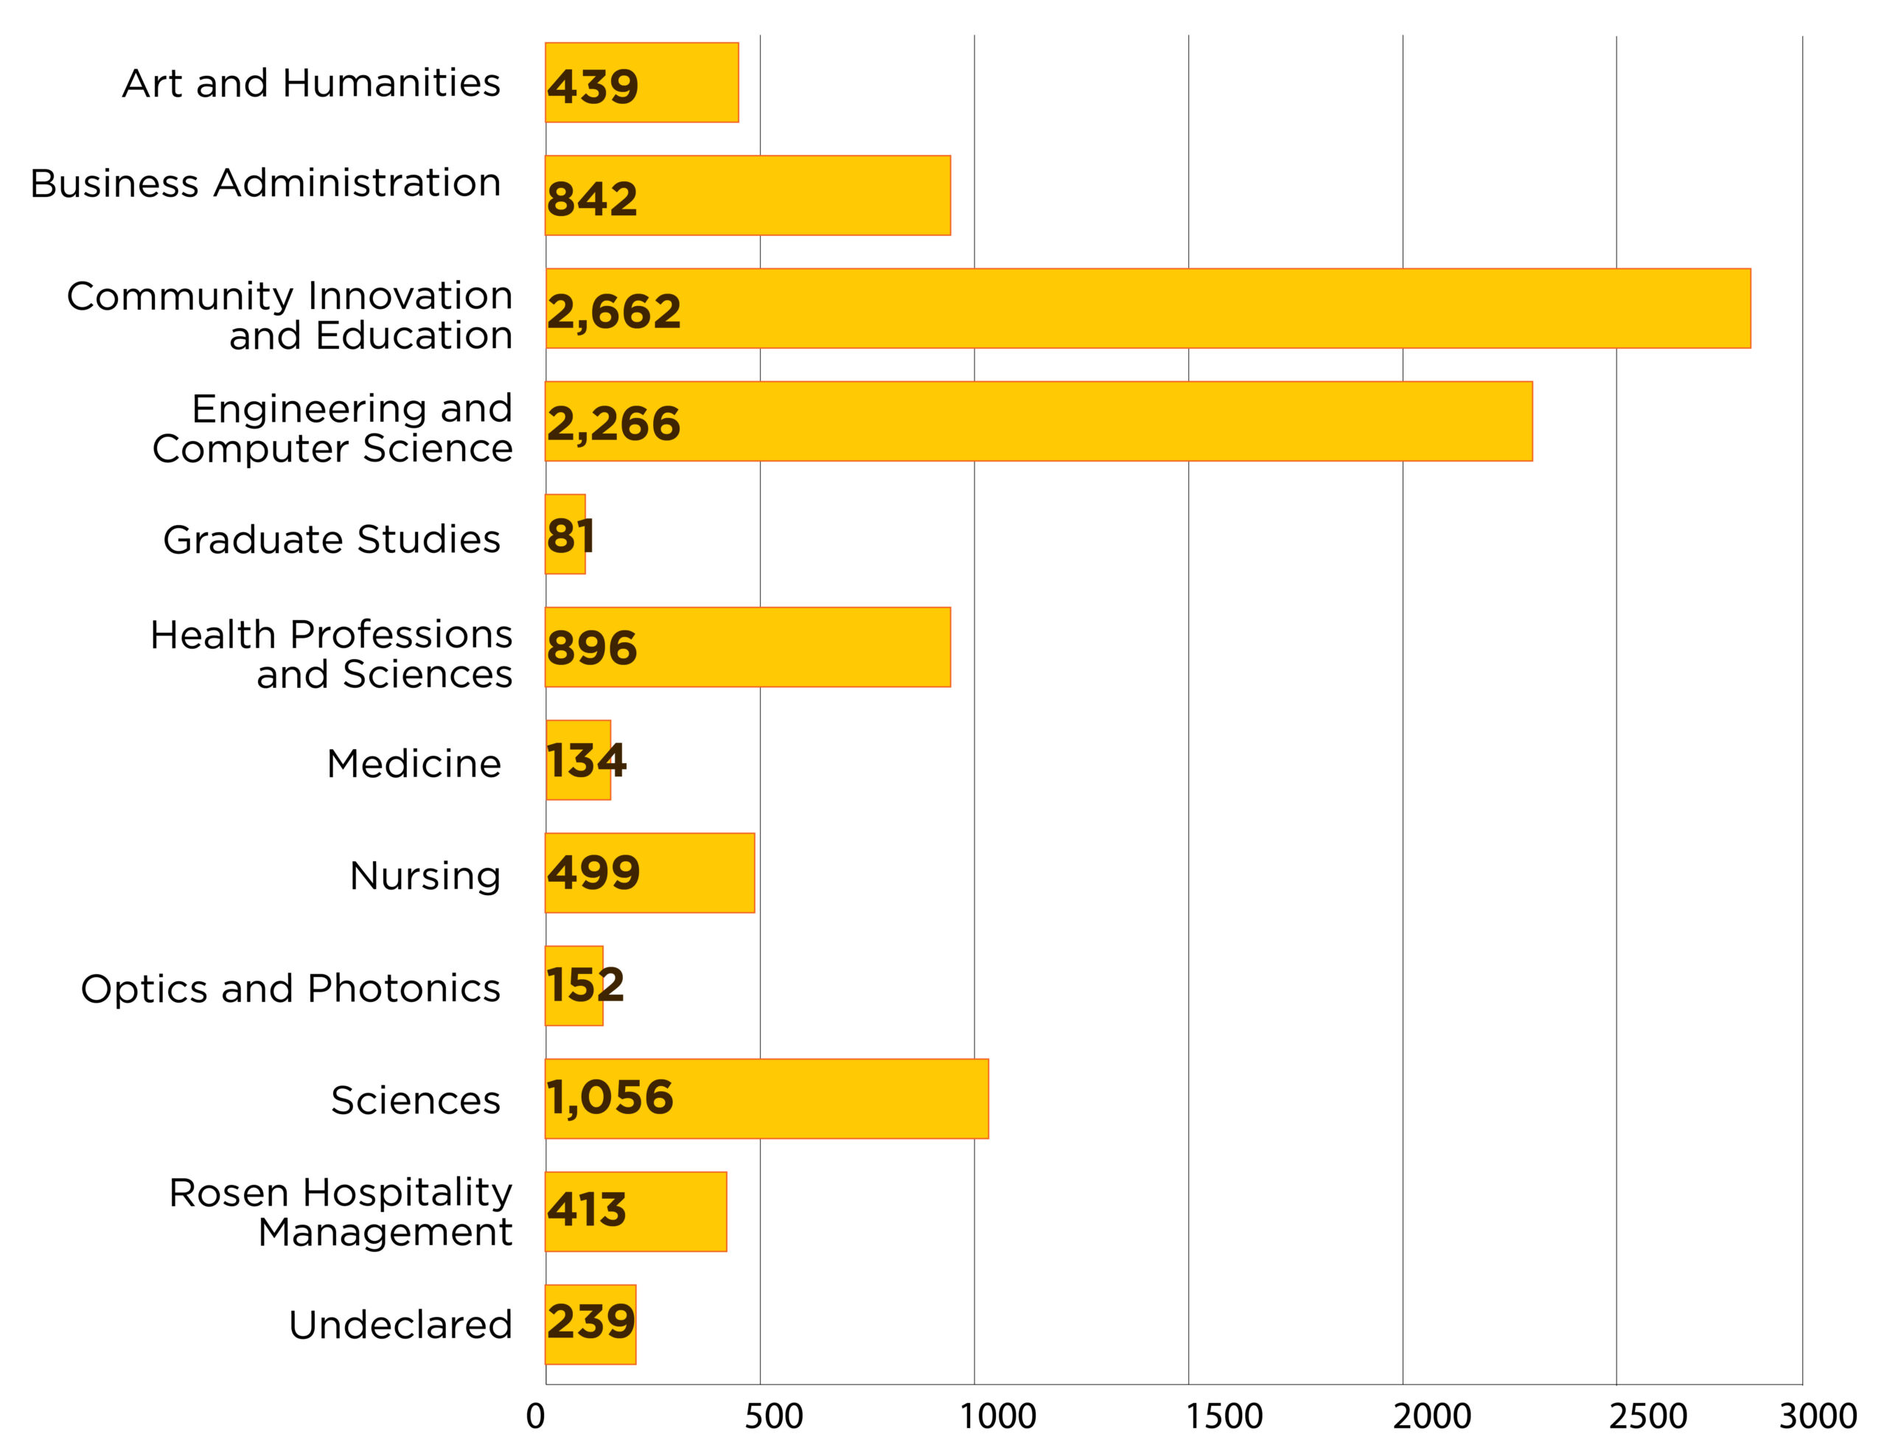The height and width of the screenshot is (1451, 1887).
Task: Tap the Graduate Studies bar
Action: coord(565,534)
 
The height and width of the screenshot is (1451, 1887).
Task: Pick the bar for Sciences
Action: coord(766,1099)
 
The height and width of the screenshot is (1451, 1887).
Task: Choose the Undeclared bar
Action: coord(590,1324)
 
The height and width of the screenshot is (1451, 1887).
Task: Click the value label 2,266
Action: coord(613,423)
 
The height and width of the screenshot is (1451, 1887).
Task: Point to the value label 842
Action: coord(591,198)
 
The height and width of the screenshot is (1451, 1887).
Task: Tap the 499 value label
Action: coord(593,872)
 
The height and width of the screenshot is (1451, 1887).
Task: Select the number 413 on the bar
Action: coord(586,1209)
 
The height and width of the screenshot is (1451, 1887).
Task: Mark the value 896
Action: coord(591,648)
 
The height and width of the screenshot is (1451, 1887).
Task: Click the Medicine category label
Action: coord(414,764)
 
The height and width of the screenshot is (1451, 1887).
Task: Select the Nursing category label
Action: coord(425,875)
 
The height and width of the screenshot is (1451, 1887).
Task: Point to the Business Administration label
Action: coord(265,183)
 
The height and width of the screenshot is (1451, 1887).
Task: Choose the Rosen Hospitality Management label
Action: coord(341,1212)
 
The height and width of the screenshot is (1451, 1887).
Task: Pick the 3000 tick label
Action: coord(1818,1416)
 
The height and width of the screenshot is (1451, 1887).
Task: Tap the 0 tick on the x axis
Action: coord(535,1416)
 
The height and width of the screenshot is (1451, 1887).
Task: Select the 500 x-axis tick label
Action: coord(773,1416)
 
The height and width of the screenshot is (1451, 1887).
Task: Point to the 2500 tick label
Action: coord(1647,1416)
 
